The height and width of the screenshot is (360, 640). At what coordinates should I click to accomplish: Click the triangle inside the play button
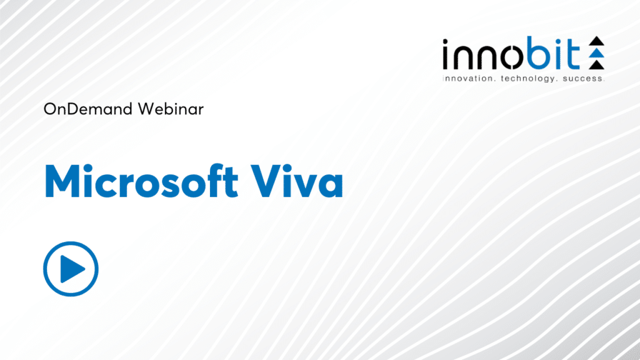tap(74, 269)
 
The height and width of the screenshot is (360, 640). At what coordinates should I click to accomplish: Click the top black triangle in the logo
tap(597, 42)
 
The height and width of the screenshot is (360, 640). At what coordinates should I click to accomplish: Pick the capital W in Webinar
tap(141, 109)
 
